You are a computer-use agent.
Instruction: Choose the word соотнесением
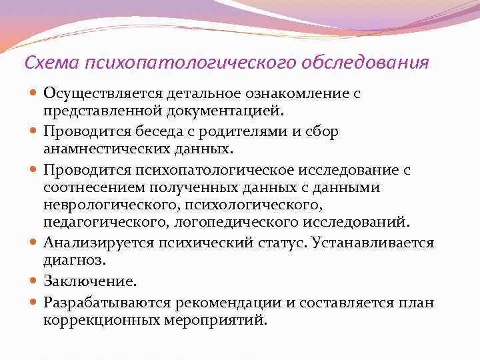[x=93, y=187]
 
